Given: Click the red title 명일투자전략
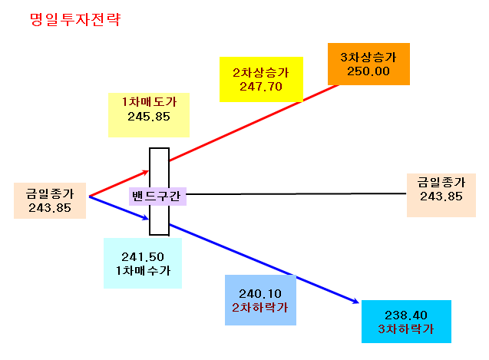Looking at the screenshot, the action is (x=75, y=19).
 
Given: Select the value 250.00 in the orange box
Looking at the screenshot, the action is (x=368, y=71).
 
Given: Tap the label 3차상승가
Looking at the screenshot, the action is (x=368, y=57).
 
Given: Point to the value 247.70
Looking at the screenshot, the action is (x=261, y=87).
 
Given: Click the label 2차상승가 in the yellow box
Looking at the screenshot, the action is (x=261, y=73).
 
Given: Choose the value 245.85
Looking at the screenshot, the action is (x=149, y=117).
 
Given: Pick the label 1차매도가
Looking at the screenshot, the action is (x=149, y=102).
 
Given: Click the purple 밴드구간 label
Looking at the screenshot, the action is (x=157, y=197).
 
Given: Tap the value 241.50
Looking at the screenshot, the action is (x=143, y=257).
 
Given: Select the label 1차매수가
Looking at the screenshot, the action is (x=143, y=270).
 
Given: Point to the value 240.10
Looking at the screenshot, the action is (x=260, y=294).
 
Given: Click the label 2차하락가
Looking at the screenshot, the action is (x=259, y=308).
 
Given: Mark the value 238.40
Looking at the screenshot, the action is (x=406, y=315).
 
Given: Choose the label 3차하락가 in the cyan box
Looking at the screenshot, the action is (x=406, y=329).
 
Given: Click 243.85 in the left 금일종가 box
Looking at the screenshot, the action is (x=50, y=208).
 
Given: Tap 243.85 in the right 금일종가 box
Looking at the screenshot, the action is (x=441, y=197).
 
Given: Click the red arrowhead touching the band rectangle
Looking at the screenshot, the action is (x=145, y=173).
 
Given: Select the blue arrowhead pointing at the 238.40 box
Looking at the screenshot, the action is (x=355, y=301).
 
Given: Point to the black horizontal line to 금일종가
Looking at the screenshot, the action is (x=296, y=194).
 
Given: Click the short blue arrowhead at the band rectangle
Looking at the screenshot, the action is (x=145, y=217).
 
